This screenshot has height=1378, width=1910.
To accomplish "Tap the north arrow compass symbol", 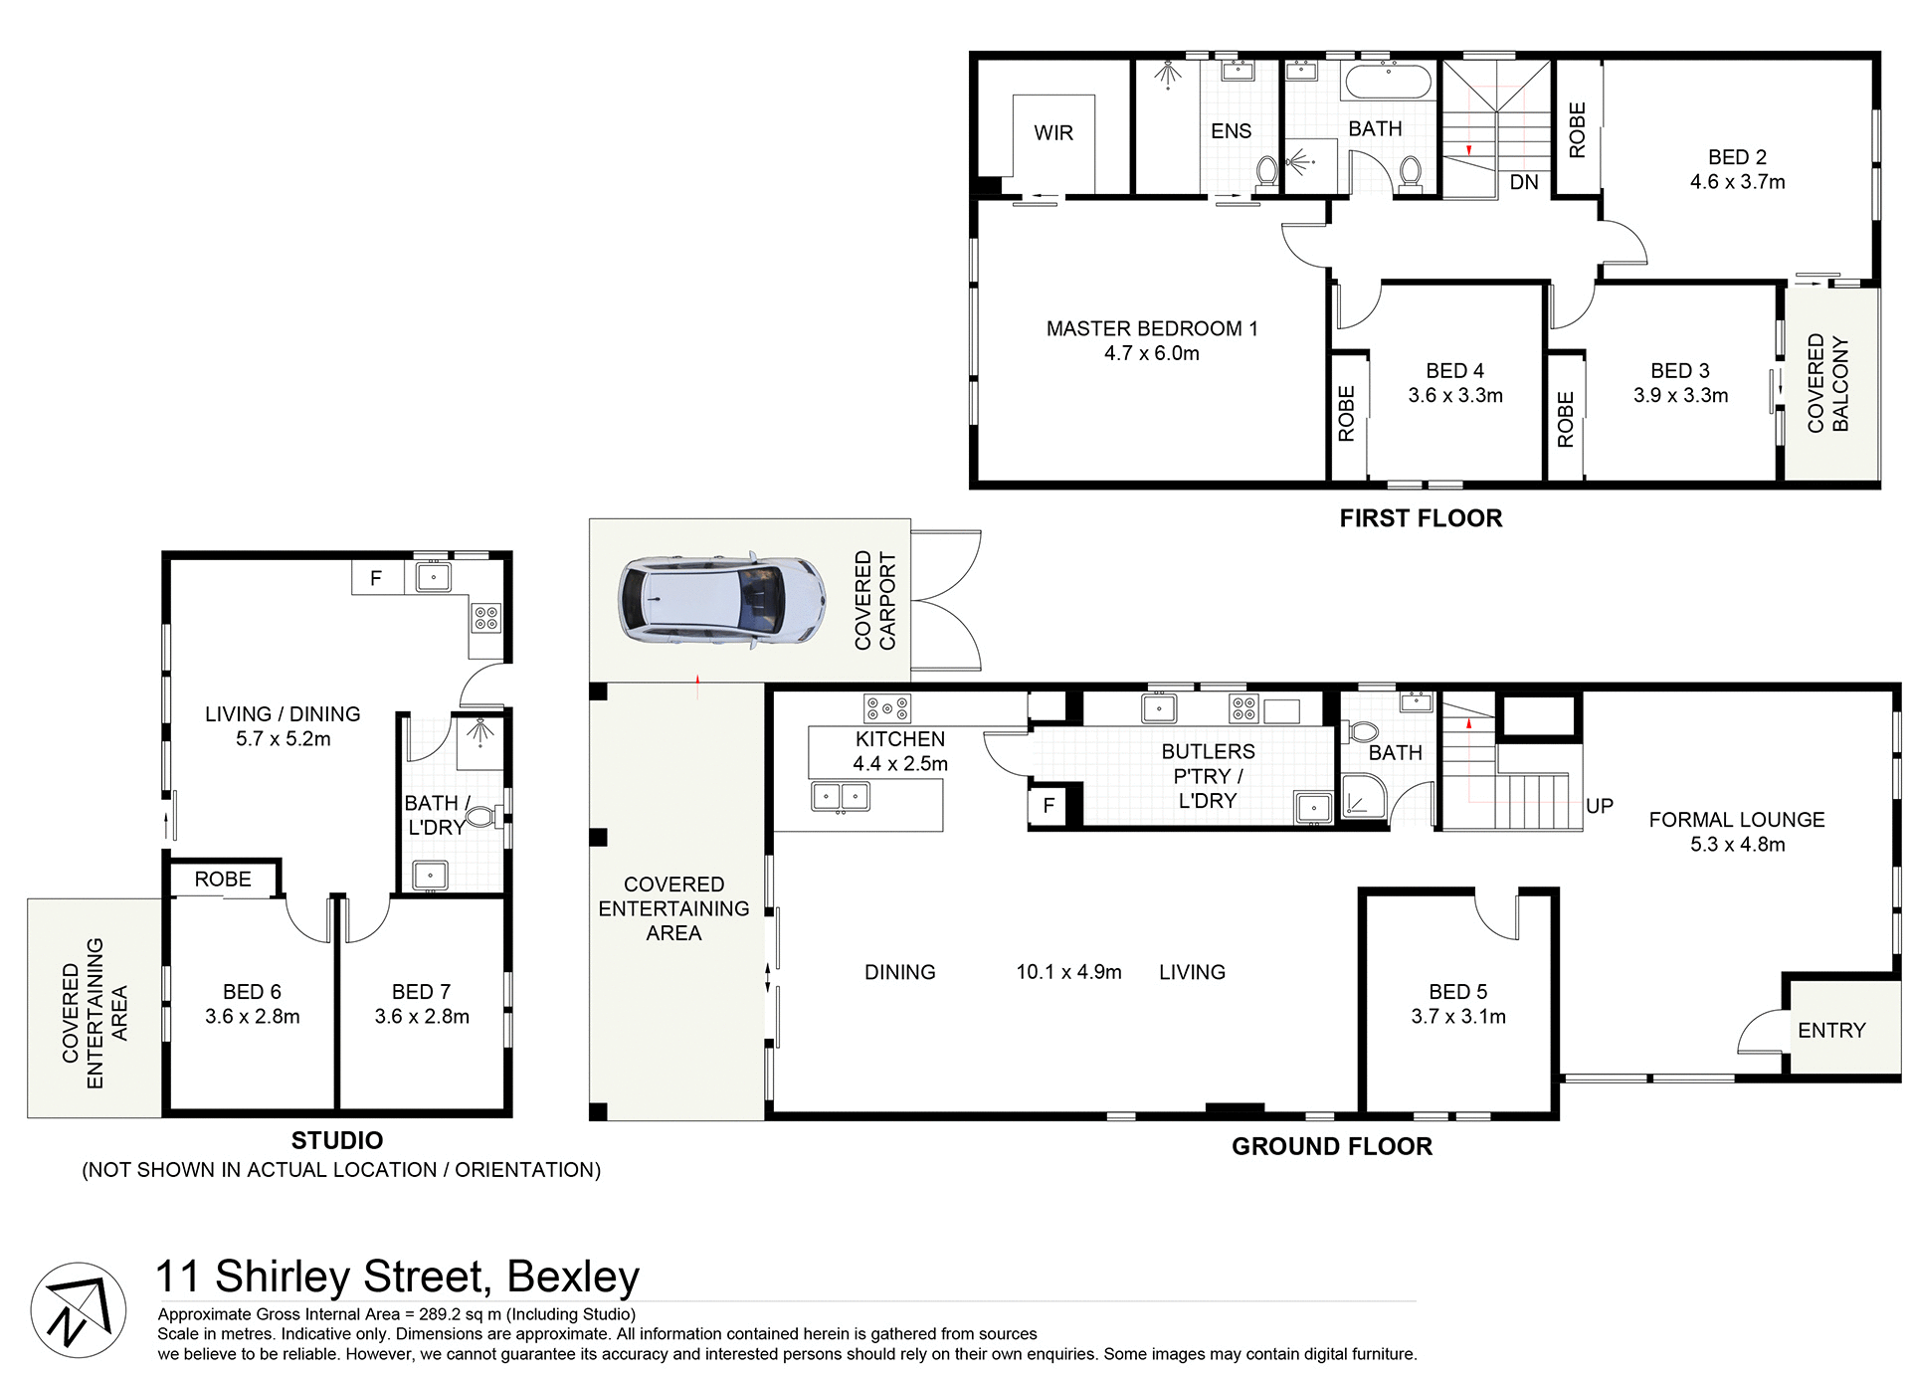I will (x=78, y=1310).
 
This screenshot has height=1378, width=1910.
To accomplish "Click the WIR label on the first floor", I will (x=1053, y=133).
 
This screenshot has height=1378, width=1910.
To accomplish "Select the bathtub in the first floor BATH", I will (x=1388, y=82).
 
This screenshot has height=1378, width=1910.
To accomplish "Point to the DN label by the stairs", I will (x=1523, y=183).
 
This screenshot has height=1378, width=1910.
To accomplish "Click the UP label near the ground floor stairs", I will (x=1599, y=806).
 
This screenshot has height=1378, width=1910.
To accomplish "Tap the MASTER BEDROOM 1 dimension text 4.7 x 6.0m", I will (x=1151, y=354).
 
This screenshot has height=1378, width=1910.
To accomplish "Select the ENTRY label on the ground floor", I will (x=1830, y=1031).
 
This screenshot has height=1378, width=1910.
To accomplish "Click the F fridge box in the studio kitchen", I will (x=376, y=578).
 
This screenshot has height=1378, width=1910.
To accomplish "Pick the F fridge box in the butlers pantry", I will (x=1048, y=806).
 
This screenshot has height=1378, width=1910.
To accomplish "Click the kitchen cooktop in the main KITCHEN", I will (x=887, y=708).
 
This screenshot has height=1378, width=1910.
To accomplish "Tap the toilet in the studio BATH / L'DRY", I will (x=482, y=817).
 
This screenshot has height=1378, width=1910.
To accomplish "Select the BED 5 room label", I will (x=1457, y=992).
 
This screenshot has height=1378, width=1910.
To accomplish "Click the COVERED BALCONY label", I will (x=1828, y=383).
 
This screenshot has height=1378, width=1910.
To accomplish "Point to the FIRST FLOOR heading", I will (x=1420, y=518).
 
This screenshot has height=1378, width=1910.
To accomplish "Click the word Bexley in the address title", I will (x=572, y=1277).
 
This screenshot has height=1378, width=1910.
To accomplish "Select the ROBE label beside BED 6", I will (x=223, y=880).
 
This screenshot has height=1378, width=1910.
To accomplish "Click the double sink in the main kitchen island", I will (x=841, y=797).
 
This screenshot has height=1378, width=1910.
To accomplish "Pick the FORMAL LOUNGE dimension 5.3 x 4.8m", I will (x=1737, y=845).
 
